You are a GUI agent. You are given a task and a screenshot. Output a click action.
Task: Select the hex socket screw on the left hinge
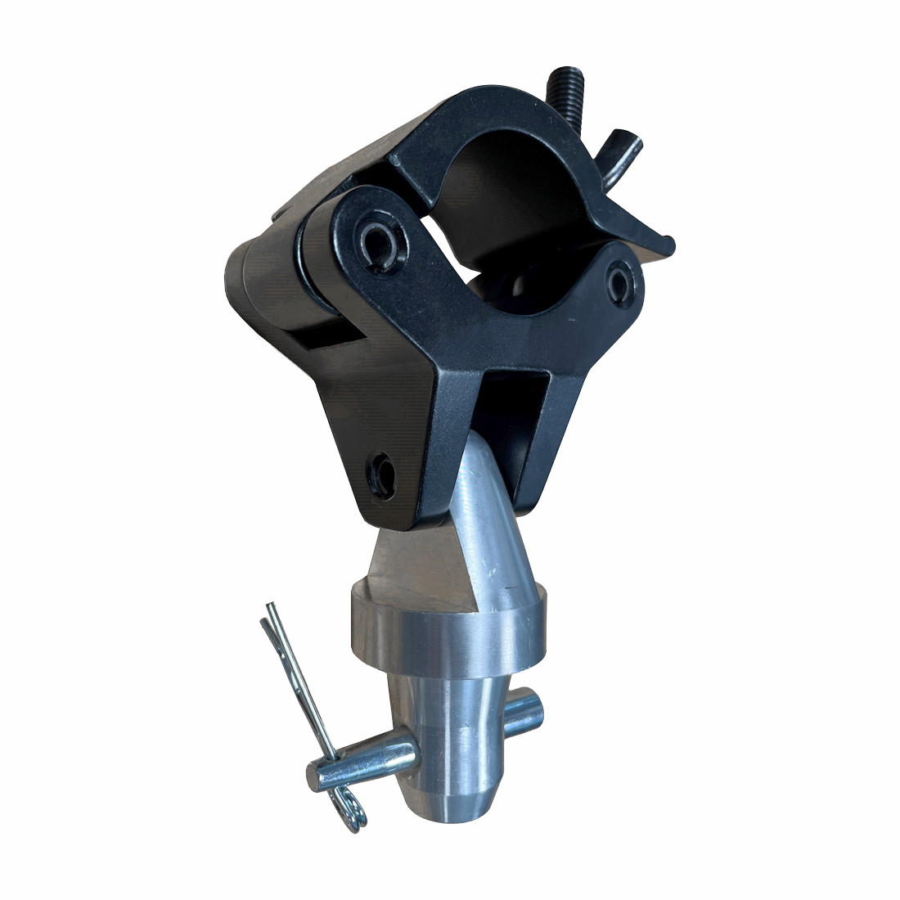(378, 240)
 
